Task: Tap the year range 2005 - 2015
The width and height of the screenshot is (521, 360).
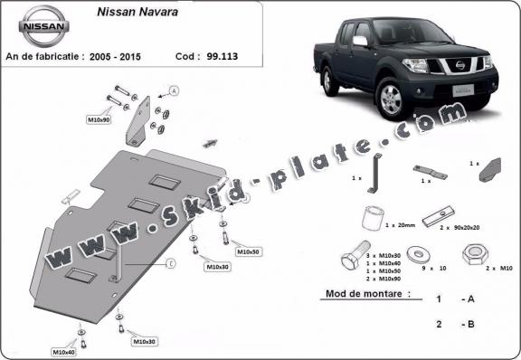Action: (120, 55)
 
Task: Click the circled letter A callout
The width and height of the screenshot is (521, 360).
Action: (174, 90)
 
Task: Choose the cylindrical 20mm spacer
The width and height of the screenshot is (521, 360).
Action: (371, 217)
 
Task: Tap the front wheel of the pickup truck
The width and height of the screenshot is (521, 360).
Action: (394, 97)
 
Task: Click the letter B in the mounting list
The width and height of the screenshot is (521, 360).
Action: (470, 322)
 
